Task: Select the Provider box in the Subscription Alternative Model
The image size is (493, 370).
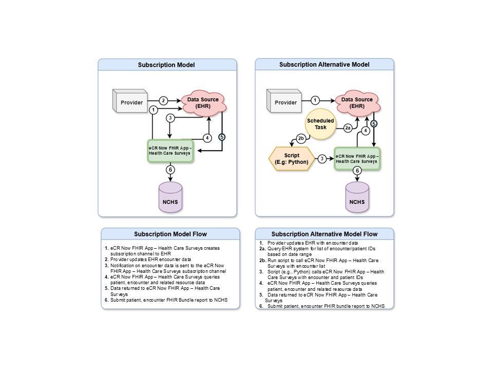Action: [x=285, y=102]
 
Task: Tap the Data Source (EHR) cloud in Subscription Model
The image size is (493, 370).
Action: [x=202, y=102]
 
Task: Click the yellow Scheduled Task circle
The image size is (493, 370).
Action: [x=320, y=124]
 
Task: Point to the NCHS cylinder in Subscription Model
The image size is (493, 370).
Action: [x=169, y=198]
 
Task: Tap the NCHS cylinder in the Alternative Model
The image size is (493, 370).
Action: [x=357, y=198]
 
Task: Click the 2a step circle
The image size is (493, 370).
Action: [x=348, y=128]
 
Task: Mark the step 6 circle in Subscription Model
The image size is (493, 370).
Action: [x=169, y=170]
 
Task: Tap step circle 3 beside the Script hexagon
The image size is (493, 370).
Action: [x=322, y=159]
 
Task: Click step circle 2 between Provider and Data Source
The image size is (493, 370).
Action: [x=163, y=100]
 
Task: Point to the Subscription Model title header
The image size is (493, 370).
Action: [x=167, y=65]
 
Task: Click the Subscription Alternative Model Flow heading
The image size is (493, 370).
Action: [x=324, y=234]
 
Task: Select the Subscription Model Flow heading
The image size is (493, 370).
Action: [x=170, y=234]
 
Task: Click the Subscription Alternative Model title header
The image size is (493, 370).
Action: [x=324, y=65]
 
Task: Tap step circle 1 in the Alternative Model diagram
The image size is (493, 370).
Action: [x=316, y=100]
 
